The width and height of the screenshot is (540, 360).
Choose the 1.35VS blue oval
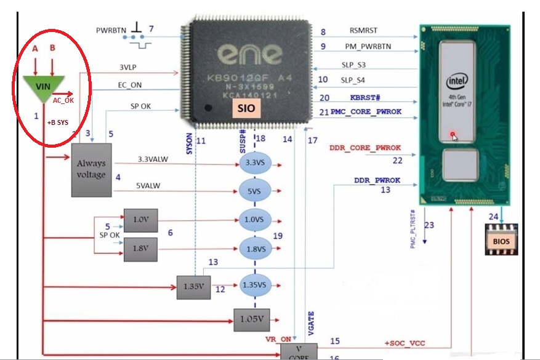(255, 285)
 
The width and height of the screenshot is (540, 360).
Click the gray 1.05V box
(251, 319)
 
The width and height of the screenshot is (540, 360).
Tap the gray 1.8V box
(140, 249)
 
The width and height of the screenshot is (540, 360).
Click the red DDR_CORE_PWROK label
(365, 148)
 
